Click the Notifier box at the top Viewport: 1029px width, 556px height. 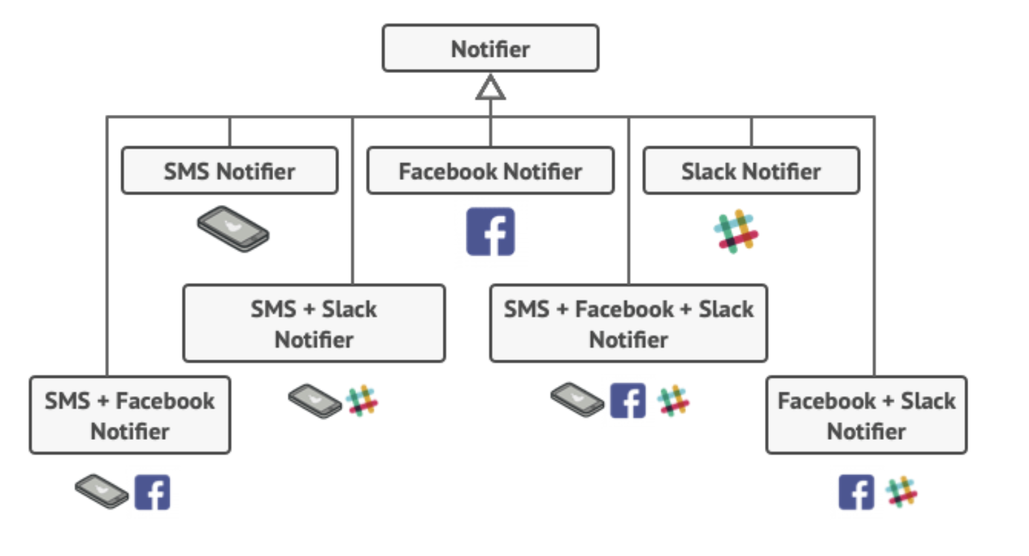pos(490,48)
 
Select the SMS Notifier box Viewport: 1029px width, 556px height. pos(230,170)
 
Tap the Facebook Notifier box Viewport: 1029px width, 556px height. pos(490,170)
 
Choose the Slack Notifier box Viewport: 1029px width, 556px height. pos(751,170)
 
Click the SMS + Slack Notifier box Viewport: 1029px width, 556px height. pos(314,323)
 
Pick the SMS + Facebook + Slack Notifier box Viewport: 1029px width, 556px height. pos(629,323)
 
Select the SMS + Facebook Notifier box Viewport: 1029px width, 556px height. pos(130,415)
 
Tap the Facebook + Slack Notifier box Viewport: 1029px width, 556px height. pos(867,415)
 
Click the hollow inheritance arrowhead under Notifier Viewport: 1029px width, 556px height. pos(490,87)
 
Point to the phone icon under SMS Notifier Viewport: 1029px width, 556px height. pos(233,228)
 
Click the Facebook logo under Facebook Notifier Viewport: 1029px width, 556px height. pos(490,231)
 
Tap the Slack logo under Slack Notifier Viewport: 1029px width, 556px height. pos(736,231)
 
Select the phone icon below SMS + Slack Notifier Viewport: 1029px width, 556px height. pos(315,401)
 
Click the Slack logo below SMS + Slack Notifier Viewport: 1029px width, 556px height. pos(362,401)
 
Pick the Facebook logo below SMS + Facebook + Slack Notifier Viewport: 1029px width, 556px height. pos(627,401)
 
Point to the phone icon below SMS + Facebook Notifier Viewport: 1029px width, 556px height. pos(102,491)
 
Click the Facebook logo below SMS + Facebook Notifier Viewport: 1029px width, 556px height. pos(152,492)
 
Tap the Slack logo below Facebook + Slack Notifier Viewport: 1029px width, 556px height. pos(901,492)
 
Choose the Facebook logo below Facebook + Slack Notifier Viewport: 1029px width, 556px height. pos(856,492)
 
